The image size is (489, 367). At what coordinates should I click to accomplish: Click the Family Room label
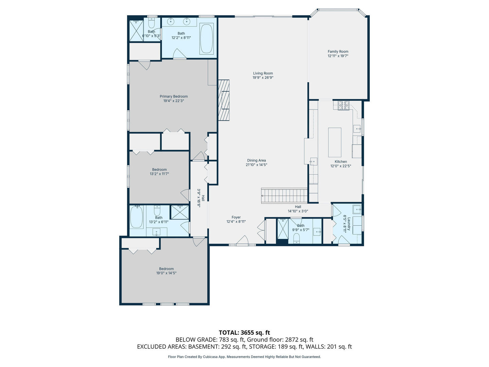[338, 51]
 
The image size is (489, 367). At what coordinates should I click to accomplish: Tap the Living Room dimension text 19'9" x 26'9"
[263, 78]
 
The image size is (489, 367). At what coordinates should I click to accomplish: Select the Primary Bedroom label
[174, 97]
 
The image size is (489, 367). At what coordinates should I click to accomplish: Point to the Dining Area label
[256, 160]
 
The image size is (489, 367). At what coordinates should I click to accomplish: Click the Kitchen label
[341, 162]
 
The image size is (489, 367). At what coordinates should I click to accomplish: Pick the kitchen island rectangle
[334, 142]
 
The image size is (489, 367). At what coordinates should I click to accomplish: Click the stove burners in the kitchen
[343, 105]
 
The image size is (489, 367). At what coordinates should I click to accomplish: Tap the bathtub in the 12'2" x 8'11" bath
[206, 38]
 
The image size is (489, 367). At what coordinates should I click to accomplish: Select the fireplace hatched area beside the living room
[224, 100]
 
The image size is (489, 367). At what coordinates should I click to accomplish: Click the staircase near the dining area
[284, 196]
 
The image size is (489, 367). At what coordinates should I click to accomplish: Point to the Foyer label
[236, 217]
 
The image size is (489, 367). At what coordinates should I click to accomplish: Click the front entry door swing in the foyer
[242, 240]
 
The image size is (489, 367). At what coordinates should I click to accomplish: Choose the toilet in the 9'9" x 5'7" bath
[296, 238]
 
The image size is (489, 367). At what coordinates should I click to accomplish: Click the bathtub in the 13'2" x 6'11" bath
[136, 217]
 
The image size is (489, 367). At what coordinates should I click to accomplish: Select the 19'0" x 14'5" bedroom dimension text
[166, 273]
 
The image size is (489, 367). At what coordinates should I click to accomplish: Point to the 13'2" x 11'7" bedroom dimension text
[159, 174]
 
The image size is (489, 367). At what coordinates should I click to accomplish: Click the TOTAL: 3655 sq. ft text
[244, 333]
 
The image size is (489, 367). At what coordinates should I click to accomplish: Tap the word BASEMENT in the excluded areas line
[203, 347]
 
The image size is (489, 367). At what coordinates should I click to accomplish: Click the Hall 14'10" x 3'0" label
[298, 209]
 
